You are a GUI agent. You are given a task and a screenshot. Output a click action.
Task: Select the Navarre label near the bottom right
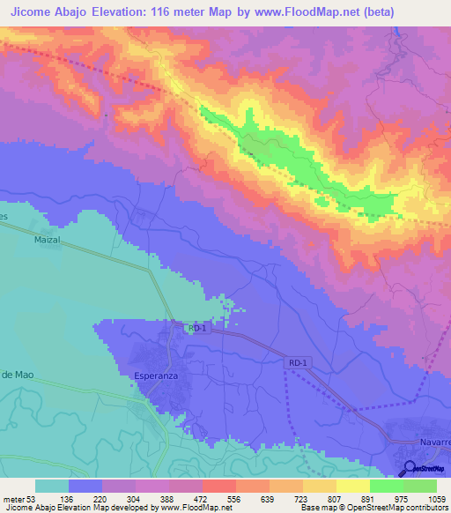coord(431,441)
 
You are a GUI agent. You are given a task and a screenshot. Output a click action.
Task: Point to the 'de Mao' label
coord(18,375)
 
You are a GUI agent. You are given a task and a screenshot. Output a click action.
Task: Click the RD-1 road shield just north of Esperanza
coord(196,328)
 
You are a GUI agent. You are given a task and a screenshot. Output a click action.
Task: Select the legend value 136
coord(67,498)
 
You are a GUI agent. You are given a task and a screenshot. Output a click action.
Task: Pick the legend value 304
coord(134,498)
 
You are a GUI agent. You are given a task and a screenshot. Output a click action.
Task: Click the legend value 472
coord(201,498)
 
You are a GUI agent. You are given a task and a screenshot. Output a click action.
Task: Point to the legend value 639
coord(268,498)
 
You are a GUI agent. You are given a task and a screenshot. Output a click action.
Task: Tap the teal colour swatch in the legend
coord(51,486)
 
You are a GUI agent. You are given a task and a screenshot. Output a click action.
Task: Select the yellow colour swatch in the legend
coord(352,486)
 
